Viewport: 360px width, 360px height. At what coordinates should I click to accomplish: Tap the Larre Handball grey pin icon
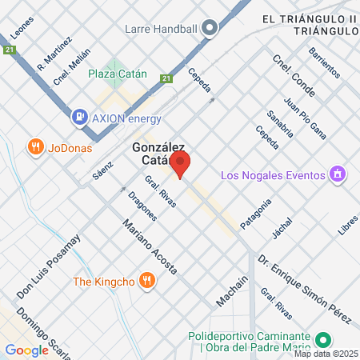210,29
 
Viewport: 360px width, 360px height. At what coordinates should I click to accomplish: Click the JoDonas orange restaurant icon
34,147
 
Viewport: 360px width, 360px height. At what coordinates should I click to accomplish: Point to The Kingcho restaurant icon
146,280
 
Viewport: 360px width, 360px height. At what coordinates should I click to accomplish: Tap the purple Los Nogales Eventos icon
338,174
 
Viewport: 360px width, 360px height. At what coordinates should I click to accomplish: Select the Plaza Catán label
118,73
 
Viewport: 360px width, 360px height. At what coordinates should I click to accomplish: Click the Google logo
26,350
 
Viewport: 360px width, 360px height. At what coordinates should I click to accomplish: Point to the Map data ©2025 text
325,354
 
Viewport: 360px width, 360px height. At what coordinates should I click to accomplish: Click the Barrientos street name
325,62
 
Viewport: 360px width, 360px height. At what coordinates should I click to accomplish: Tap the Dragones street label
142,206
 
